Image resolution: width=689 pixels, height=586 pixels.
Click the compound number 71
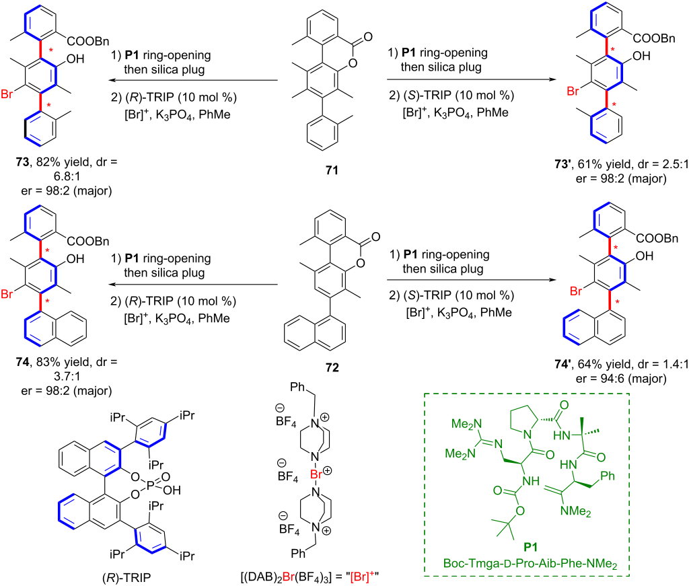point(332,170)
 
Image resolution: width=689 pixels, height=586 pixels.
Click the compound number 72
point(332,367)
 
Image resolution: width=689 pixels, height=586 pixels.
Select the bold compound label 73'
point(563,164)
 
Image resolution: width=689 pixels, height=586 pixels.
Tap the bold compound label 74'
point(563,364)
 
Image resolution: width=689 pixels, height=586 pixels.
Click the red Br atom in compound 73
point(7,94)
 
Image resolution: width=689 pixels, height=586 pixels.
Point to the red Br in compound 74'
point(576,291)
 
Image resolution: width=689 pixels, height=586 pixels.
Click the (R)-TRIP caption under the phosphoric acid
point(126,578)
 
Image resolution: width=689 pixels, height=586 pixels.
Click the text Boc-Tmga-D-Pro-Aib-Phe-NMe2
point(530,563)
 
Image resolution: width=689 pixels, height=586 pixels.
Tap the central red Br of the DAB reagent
point(316,474)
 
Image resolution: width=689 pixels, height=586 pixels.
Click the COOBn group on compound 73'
point(654,38)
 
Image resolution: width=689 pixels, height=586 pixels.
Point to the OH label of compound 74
point(75,259)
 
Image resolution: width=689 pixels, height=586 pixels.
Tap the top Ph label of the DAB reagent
point(297,387)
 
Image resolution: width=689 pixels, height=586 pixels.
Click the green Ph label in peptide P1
point(608,476)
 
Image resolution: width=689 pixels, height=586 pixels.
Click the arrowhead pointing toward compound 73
point(112,80)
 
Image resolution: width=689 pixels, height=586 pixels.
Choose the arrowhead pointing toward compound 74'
point(552,280)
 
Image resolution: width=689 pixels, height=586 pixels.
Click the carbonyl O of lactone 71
point(368,36)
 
